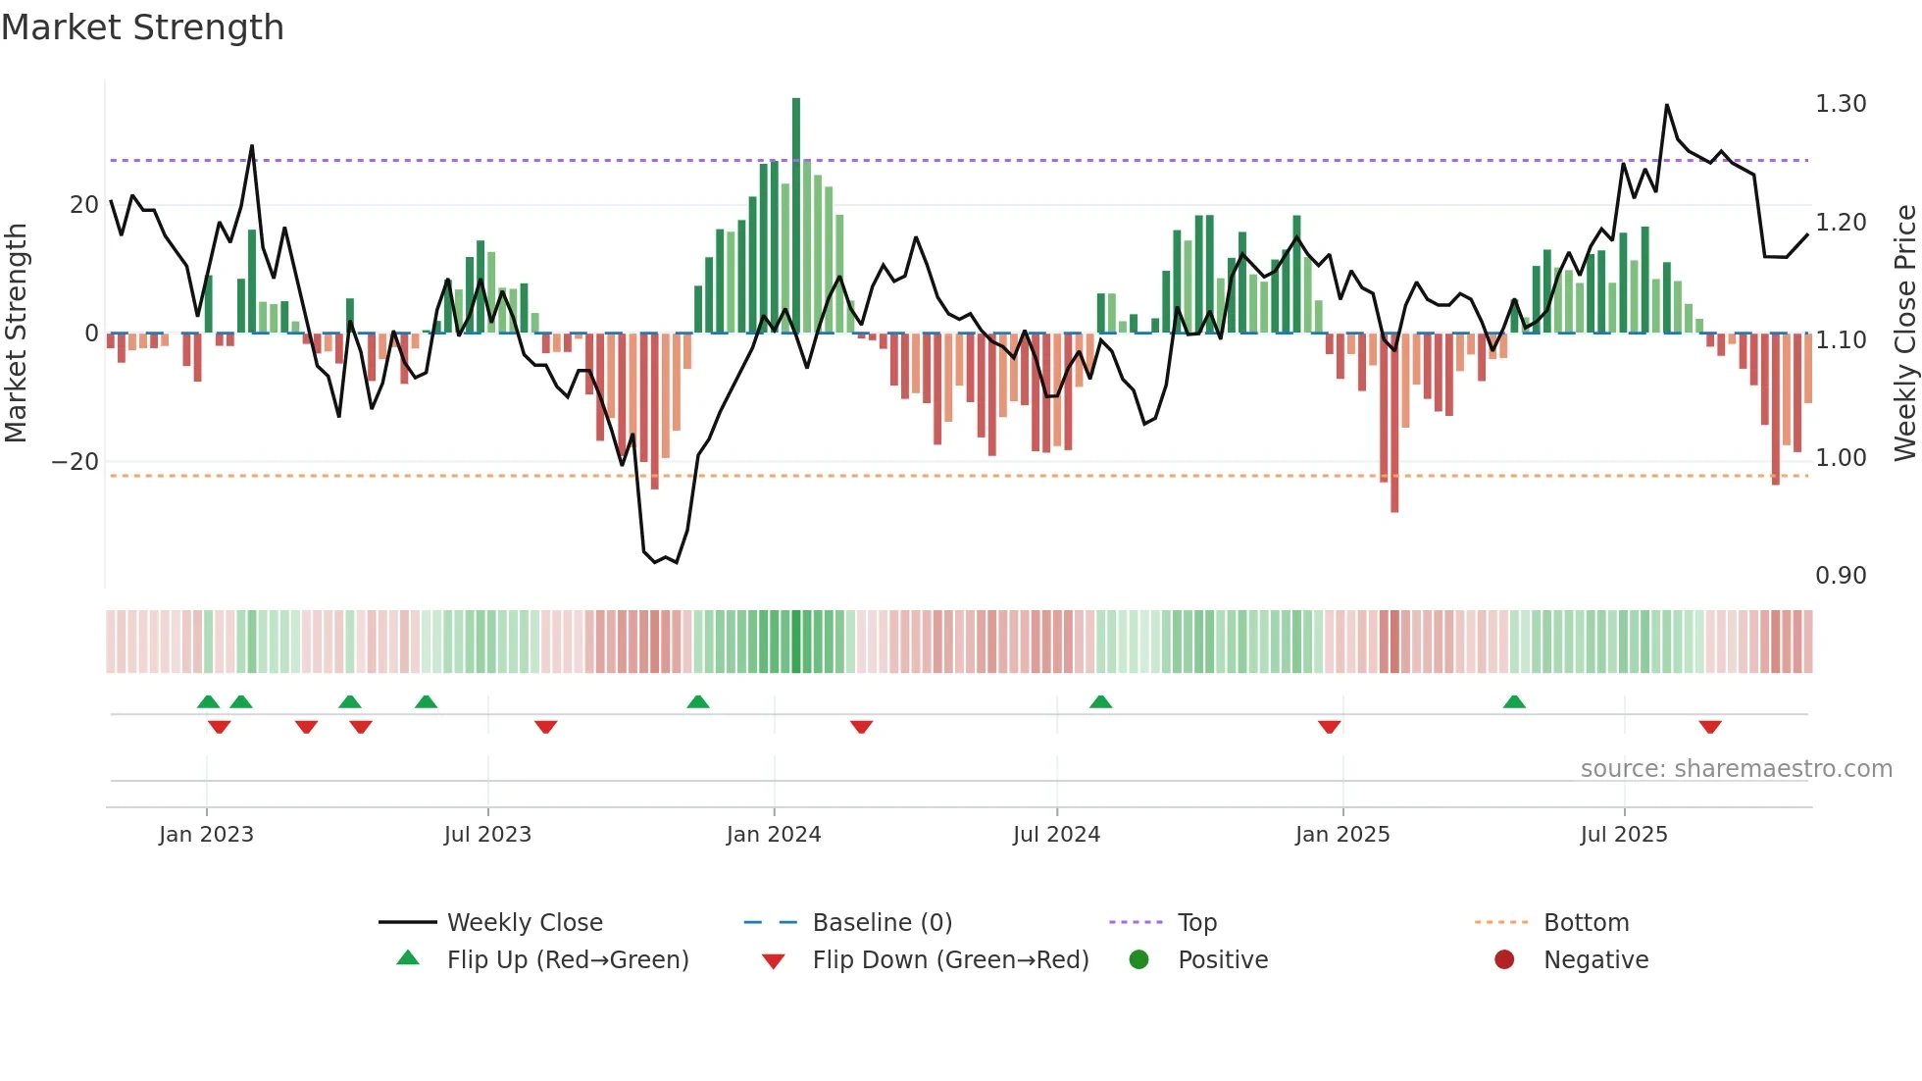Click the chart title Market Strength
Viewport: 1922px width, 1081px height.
point(142,27)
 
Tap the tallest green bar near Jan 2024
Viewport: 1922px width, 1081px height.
point(796,216)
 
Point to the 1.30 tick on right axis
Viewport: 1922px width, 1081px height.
point(1840,104)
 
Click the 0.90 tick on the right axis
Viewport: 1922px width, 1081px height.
point(1840,576)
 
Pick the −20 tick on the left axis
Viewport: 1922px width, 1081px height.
point(76,462)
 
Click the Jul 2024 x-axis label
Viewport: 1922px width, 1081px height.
point(1056,835)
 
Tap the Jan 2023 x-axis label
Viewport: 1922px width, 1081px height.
point(206,835)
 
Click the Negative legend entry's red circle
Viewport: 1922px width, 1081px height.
point(1504,960)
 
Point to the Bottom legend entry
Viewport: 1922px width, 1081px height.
point(1586,923)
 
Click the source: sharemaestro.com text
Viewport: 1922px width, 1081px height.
point(1736,769)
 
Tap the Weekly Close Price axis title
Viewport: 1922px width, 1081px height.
point(1904,334)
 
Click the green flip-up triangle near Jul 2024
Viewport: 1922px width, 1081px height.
point(1100,701)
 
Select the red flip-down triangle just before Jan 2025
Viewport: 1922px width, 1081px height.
point(1329,727)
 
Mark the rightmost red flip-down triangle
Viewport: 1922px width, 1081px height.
point(1710,727)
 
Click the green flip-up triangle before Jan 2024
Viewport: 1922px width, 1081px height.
point(698,701)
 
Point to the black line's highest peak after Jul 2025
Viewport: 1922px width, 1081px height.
point(1666,105)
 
